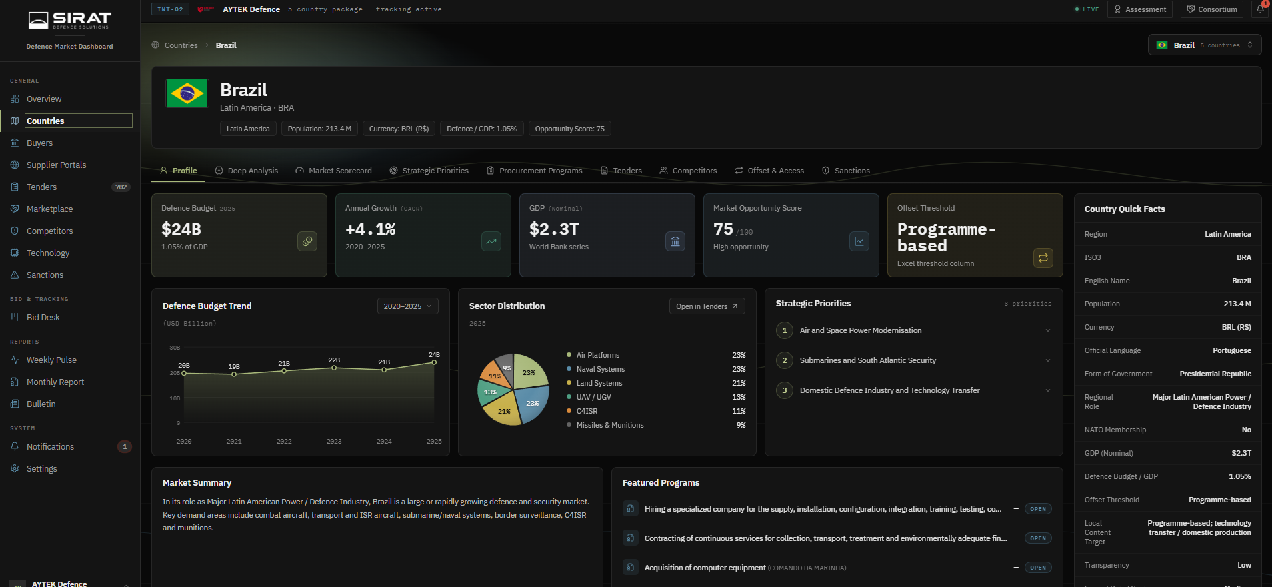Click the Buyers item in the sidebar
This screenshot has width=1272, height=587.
point(39,143)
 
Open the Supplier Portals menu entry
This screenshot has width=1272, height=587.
point(56,165)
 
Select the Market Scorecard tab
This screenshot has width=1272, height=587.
point(333,171)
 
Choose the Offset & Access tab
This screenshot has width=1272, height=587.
point(769,171)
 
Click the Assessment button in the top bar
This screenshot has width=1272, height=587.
point(1140,9)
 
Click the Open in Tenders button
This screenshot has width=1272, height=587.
point(707,306)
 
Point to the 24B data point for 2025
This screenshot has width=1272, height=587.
point(434,362)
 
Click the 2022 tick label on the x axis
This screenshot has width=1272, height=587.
point(284,442)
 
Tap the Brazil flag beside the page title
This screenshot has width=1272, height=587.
point(187,94)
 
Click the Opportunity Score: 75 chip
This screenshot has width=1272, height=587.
point(569,129)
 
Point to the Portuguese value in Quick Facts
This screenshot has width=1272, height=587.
point(1231,350)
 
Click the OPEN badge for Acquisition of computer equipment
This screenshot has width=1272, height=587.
point(1038,568)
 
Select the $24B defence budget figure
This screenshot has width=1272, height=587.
point(181,229)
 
